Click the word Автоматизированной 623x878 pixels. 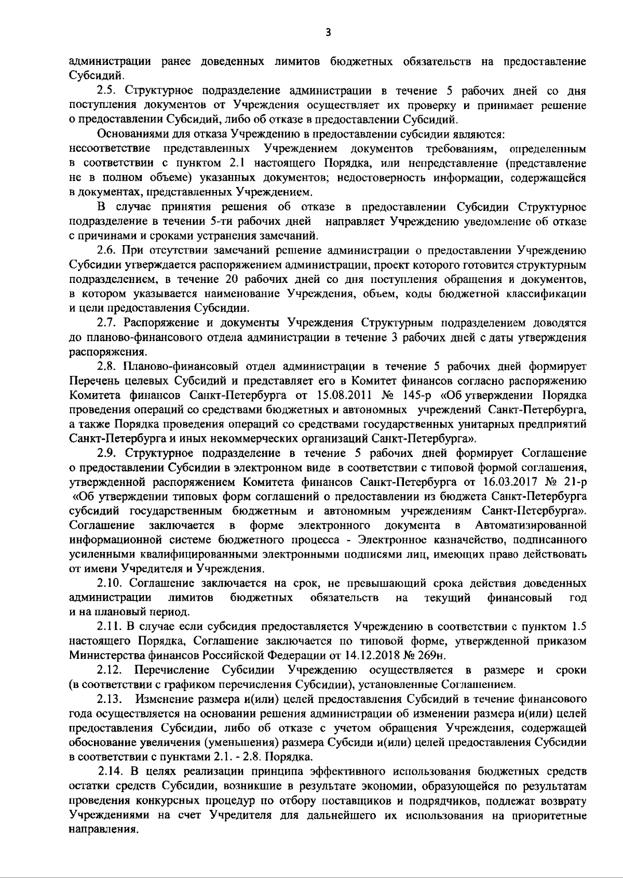pos(530,525)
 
